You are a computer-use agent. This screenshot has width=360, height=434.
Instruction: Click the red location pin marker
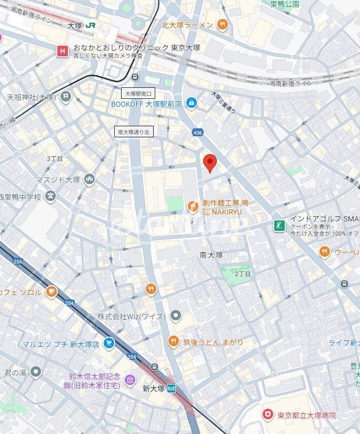point(209,163)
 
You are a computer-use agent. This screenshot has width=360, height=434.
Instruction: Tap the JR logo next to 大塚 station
point(91,25)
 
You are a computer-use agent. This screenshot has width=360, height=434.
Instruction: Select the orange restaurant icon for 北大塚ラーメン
point(223,24)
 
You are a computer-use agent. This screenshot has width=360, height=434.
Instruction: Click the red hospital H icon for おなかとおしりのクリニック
point(63,51)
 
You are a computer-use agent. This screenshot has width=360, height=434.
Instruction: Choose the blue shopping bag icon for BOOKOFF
point(192,104)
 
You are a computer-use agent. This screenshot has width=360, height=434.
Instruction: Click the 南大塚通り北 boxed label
point(134,133)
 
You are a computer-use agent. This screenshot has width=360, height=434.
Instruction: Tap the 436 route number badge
point(197,132)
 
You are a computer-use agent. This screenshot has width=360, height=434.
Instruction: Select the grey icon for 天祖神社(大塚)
point(65,96)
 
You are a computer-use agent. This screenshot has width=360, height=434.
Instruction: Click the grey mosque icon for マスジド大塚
point(89,179)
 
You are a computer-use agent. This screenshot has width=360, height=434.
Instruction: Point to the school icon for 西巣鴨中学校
point(51,197)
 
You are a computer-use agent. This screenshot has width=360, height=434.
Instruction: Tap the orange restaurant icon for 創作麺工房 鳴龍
point(193,207)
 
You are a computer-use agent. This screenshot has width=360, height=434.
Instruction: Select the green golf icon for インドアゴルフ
point(279,226)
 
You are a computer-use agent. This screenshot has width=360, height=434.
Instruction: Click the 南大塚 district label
point(212,255)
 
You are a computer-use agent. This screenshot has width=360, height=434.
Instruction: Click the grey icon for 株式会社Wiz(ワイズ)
point(176,316)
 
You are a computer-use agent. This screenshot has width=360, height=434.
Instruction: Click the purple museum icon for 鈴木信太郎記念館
point(129,380)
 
